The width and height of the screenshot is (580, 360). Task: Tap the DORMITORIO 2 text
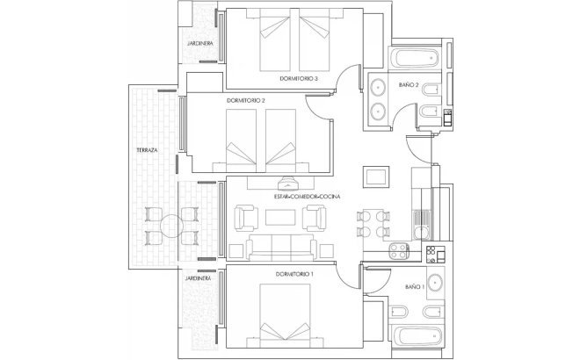coord(245,101)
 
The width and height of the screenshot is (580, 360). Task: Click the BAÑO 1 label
coord(415,286)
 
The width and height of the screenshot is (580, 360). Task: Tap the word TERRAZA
coord(147,151)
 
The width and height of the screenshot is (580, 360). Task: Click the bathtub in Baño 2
coord(414,58)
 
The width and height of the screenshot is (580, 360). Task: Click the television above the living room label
coord(289,184)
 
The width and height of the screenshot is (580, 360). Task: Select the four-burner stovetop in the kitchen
coord(432,254)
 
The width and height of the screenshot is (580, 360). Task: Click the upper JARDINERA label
coord(196,43)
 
